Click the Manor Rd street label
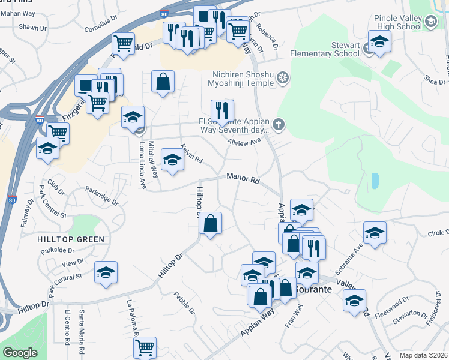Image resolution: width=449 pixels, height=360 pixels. (x=243, y=178)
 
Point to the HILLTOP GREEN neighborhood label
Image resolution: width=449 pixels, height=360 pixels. (x=71, y=239)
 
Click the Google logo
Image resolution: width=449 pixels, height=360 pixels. (x=20, y=353)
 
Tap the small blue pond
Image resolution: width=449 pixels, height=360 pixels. (x=375, y=180)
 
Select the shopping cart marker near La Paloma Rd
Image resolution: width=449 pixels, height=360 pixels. (x=145, y=346)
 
